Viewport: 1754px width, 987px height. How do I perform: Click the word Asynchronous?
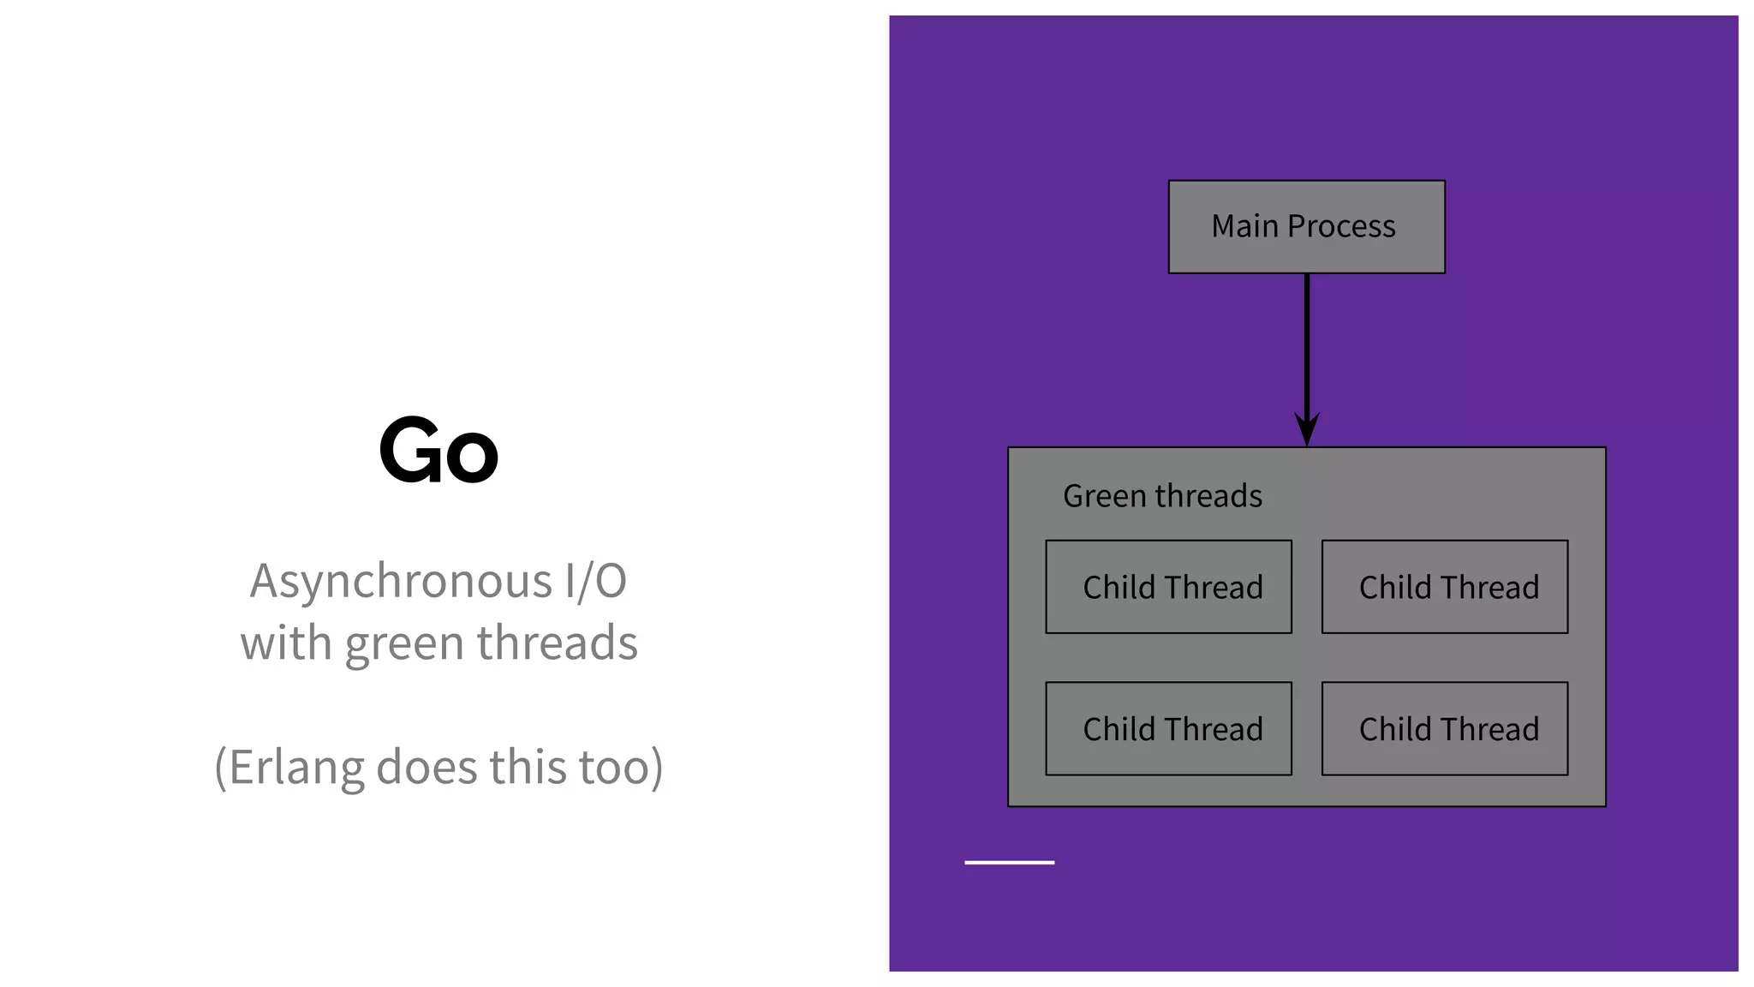[x=401, y=582]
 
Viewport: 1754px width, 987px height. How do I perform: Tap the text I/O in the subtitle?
[x=595, y=582]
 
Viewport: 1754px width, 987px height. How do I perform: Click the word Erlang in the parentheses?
[x=296, y=767]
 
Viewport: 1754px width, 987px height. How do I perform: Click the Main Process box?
[x=1306, y=227]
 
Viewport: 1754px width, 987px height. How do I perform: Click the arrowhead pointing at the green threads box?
[x=1307, y=428]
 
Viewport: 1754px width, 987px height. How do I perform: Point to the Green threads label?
[x=1162, y=497]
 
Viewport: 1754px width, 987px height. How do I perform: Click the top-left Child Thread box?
[x=1168, y=588]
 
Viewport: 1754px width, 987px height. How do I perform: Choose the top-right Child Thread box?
[x=1445, y=588]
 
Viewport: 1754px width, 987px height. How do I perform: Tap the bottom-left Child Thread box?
[x=1168, y=729]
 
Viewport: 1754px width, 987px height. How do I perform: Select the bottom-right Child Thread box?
[x=1445, y=729]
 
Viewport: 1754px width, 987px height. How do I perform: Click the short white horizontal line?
[x=1009, y=863]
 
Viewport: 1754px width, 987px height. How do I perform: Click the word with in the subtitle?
[x=285, y=643]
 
